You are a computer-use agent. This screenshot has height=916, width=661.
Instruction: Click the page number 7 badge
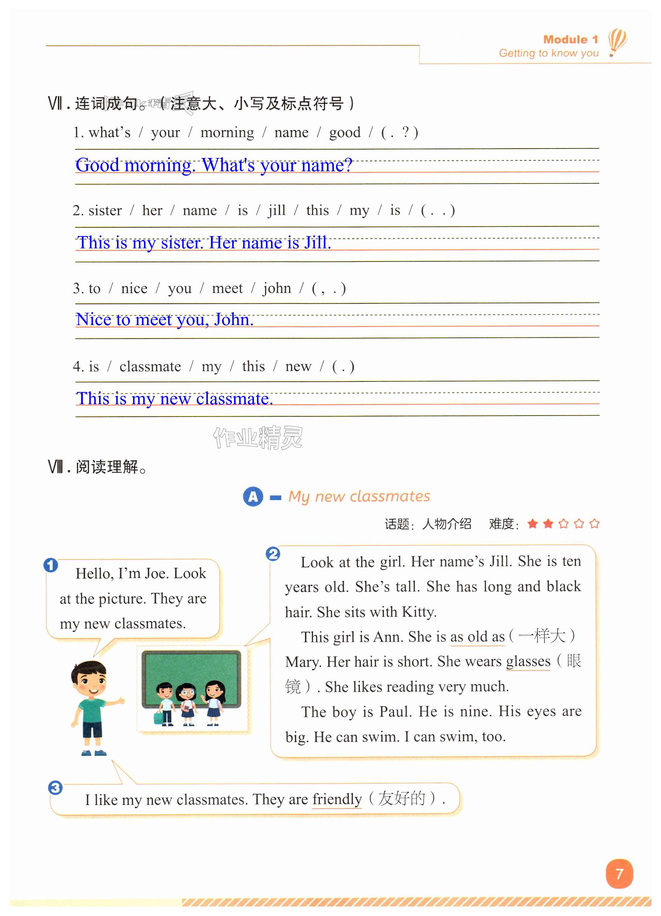[x=619, y=874]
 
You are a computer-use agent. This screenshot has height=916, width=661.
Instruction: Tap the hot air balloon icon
[x=617, y=41]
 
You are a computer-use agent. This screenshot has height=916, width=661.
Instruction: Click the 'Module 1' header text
[x=570, y=39]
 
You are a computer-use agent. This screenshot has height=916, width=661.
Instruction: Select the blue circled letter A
[x=253, y=496]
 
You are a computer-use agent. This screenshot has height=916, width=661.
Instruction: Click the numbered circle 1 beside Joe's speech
[x=50, y=565]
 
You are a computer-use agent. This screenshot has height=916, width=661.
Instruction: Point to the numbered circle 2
[x=273, y=554]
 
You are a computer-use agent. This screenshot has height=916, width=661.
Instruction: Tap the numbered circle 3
[x=55, y=788]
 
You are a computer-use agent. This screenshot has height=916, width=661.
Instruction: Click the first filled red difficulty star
[x=533, y=524]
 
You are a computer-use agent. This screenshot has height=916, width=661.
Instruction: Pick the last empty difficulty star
[x=594, y=524]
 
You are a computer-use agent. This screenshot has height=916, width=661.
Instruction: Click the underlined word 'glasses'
[x=528, y=661]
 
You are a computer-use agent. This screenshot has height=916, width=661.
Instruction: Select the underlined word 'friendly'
[x=337, y=799]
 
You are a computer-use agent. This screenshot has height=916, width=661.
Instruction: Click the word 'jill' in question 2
[x=277, y=210]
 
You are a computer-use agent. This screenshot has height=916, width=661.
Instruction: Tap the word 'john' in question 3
[x=277, y=288]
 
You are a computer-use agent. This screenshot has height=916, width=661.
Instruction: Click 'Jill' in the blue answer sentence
[x=317, y=243]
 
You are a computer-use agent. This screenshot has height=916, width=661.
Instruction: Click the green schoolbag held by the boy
[x=158, y=718]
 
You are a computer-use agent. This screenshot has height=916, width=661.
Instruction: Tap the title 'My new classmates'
[x=359, y=496]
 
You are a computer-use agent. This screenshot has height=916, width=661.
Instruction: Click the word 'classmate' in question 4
[x=150, y=366]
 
